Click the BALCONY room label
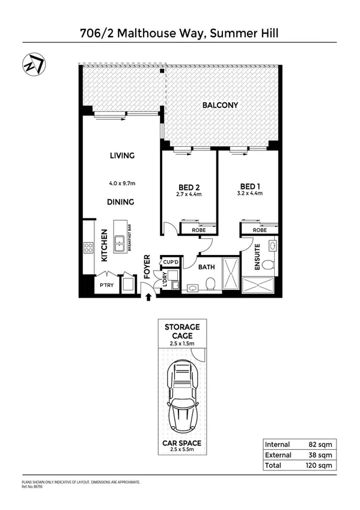(x=220, y=105)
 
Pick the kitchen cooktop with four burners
(x=89, y=248)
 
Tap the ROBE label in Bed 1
(x=260, y=230)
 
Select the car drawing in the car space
(x=182, y=398)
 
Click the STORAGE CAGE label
(x=182, y=331)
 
